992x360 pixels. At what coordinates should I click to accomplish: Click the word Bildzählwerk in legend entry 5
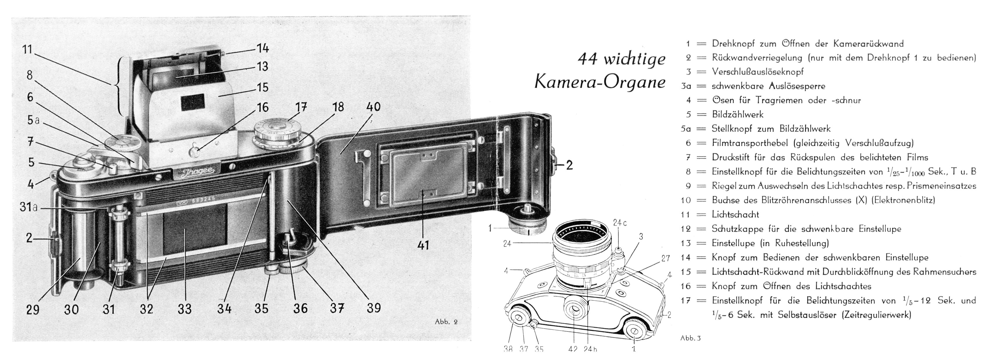click(737, 114)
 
